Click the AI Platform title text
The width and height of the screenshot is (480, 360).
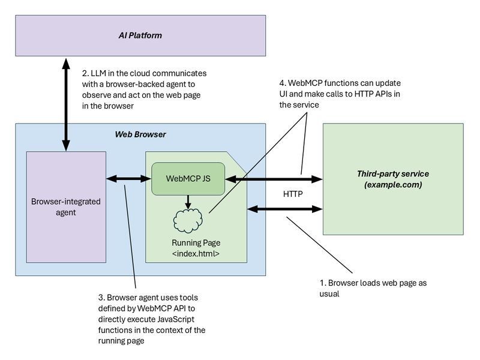pos(140,36)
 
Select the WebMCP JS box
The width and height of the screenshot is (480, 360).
pos(188,178)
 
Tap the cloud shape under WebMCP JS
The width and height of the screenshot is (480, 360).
pos(189,220)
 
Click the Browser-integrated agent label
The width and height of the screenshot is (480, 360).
pos(66,206)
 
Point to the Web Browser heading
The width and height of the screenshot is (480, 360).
pos(140,134)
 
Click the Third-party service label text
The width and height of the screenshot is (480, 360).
pos(393,173)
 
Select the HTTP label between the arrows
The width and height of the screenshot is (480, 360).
pos(292,194)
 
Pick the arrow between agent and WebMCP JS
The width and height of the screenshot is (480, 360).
pos(126,178)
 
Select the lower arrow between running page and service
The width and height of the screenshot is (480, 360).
pos(285,209)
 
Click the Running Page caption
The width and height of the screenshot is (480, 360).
pos(196,243)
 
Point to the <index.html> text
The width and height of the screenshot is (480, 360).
pos(196,253)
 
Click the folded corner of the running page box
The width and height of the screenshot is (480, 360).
pos(240,158)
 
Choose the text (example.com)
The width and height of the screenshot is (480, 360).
pos(393,185)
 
